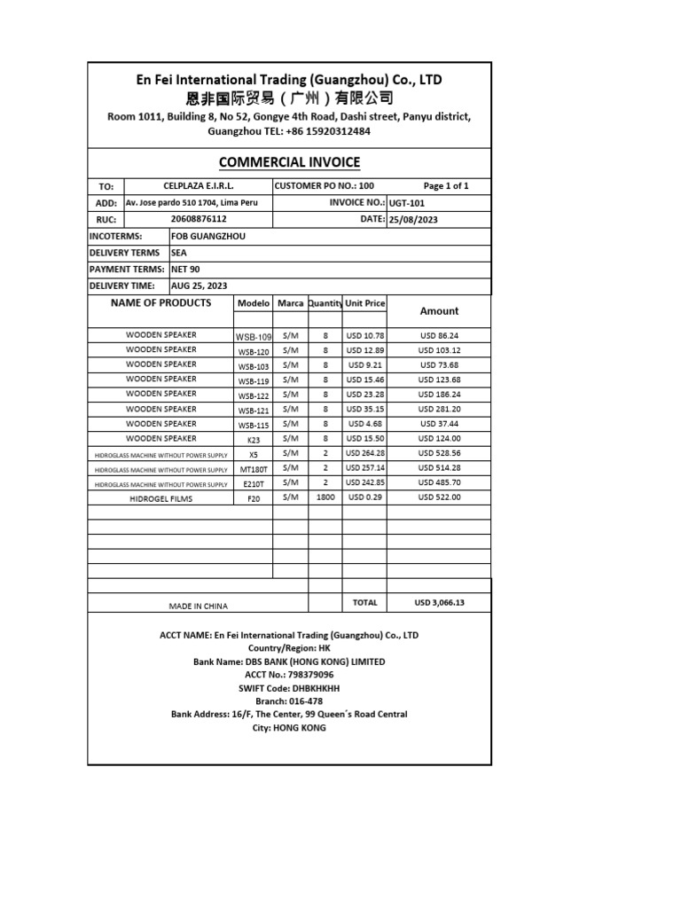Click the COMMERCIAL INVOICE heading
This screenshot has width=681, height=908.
pos(289,161)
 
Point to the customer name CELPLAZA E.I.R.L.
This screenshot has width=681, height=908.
pos(199,186)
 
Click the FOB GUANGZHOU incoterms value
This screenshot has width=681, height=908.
pos(208,237)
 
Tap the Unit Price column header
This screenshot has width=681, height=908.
pos(364,303)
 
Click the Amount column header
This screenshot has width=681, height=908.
pos(439,311)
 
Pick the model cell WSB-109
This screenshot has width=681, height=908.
pos(254,337)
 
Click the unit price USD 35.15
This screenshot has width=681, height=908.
pos(364,410)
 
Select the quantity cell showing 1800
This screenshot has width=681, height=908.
pos(325,498)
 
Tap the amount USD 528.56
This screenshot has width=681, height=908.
pos(439,453)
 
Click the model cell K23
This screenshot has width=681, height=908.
pos(254,439)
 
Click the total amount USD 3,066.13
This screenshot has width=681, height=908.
pos(439,603)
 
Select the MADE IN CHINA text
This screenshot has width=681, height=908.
pos(199,607)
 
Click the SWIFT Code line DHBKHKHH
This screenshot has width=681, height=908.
pos(289,688)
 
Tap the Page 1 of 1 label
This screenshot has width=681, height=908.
pos(445,186)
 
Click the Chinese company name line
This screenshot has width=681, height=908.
pos(289,98)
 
